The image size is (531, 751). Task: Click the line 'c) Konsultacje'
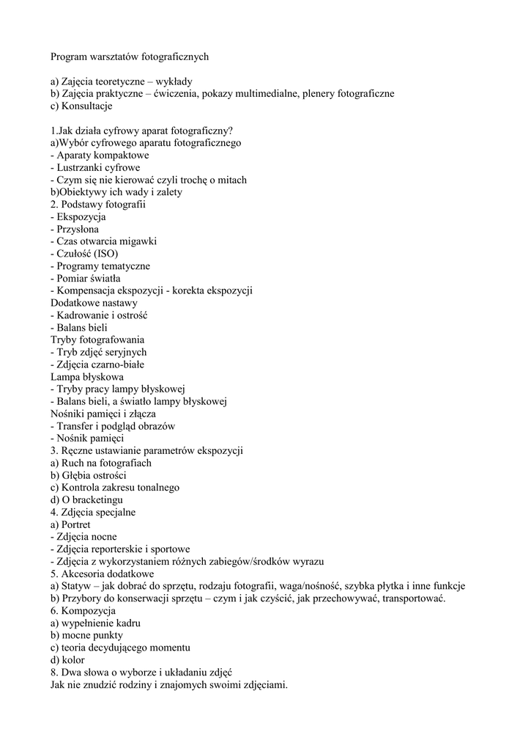81,106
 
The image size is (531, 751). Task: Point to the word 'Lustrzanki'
81,168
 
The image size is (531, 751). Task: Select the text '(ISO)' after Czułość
105,254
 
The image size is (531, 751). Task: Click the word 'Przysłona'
78,229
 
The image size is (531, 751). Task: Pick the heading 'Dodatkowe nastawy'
94,303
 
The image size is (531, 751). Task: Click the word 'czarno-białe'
117,364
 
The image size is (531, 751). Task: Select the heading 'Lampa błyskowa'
86,377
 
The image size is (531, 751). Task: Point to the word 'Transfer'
76,426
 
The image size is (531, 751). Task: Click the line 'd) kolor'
67,660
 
